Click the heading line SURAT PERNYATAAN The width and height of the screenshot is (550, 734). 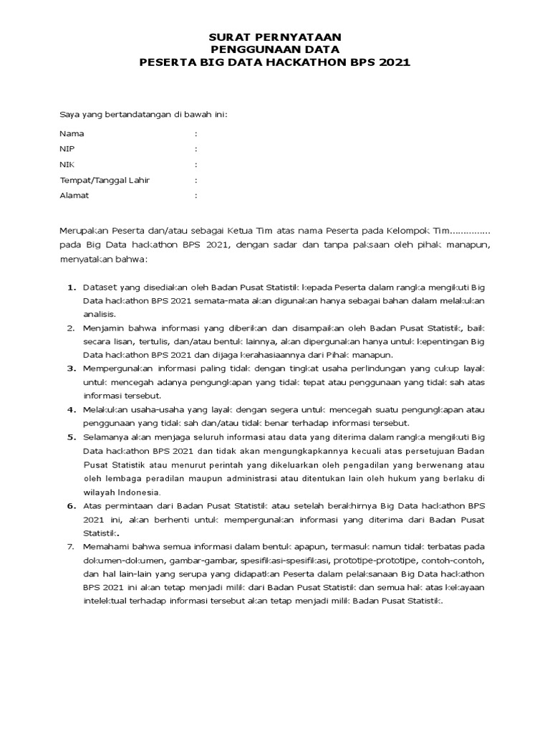274,37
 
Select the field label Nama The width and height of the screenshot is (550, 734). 72,133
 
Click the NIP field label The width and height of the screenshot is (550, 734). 67,149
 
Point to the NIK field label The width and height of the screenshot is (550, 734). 67,165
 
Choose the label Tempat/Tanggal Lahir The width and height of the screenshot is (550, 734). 105,180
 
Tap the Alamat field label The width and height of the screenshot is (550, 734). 74,195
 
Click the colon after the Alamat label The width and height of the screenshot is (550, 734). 196,195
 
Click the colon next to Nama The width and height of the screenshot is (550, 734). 196,133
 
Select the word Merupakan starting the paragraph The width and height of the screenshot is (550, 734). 83,231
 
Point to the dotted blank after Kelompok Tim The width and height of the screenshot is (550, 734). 469,231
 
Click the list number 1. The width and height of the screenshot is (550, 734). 72,287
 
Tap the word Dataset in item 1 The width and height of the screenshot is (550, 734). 100,287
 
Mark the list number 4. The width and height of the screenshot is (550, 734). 72,410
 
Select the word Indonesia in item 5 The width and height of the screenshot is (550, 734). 135,492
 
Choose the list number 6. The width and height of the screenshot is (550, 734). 72,506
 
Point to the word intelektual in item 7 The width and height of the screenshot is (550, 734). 107,601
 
